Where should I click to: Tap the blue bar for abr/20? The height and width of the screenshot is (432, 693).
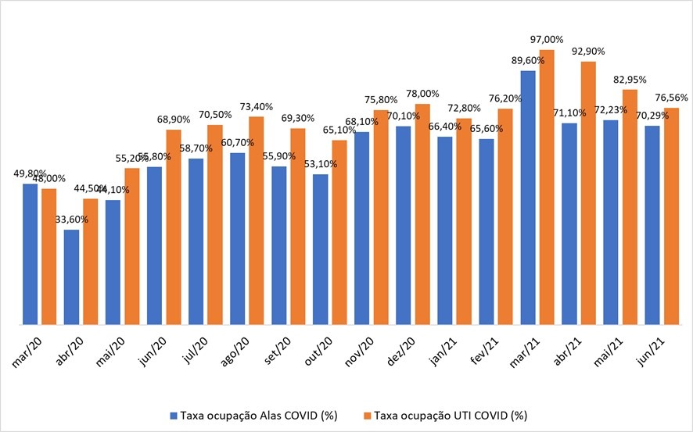pyautogui.click(x=72, y=277)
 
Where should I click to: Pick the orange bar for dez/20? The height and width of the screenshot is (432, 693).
pyautogui.click(x=422, y=214)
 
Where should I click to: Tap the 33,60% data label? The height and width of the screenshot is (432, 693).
pyautogui.click(x=72, y=220)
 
